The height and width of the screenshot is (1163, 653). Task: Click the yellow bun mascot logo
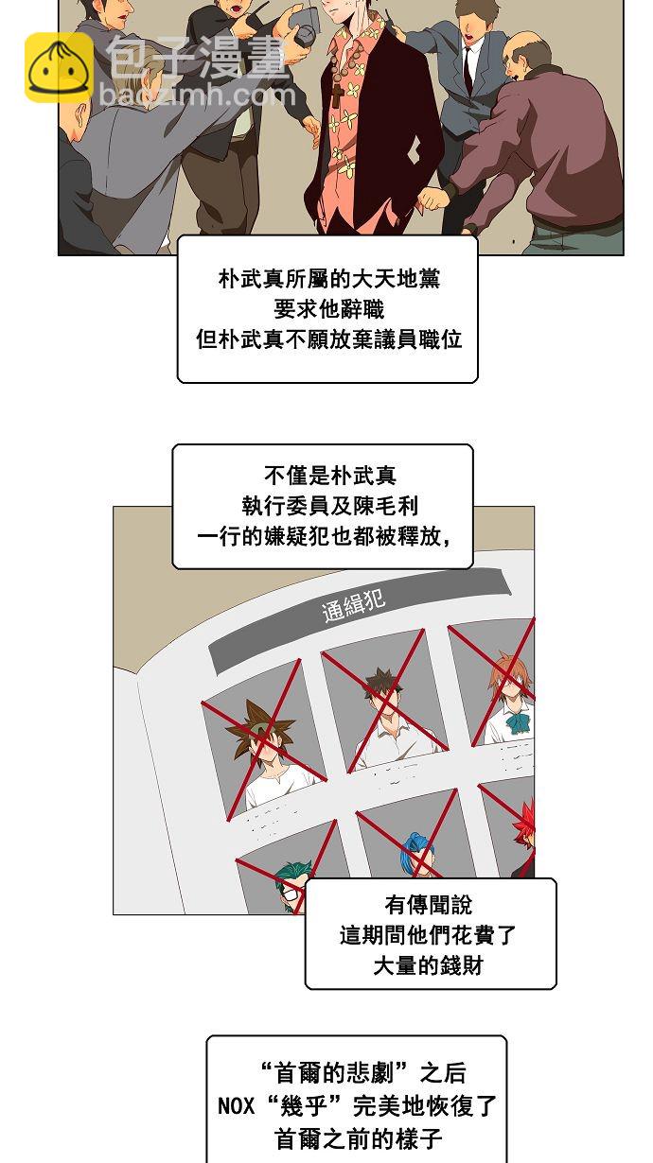click(59, 67)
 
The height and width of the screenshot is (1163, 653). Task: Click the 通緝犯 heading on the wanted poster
click(354, 605)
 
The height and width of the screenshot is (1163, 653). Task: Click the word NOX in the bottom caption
click(236, 1105)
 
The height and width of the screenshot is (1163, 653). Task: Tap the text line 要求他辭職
click(328, 310)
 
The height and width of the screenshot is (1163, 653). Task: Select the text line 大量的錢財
click(428, 965)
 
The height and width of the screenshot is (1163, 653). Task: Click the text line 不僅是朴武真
click(330, 476)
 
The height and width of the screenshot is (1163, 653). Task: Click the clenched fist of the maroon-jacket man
click(433, 198)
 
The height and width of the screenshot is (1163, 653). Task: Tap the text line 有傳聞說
click(428, 905)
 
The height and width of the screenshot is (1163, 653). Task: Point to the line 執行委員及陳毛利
click(330, 506)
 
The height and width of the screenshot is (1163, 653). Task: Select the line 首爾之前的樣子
click(358, 1138)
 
